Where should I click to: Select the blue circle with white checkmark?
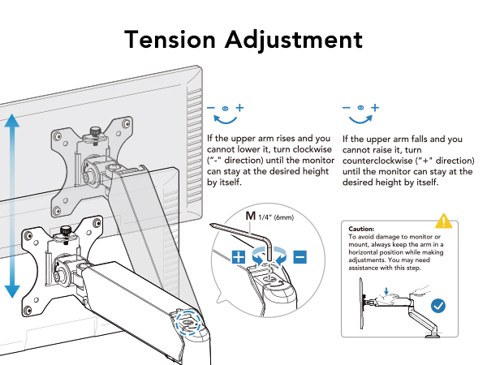tap(438, 306)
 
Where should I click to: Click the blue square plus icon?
tap(240, 257)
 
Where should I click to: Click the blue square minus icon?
tap(300, 257)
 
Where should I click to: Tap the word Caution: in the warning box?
tap(363, 230)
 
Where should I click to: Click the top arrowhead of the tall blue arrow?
tap(12, 121)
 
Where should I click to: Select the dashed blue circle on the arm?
tap(188, 321)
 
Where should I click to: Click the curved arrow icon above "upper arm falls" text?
tap(360, 114)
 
